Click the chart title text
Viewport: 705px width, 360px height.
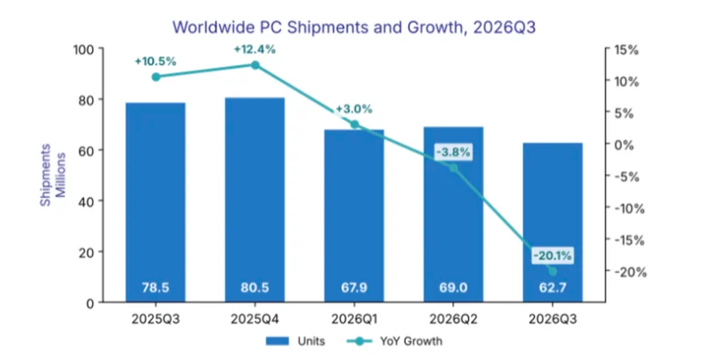tap(354, 27)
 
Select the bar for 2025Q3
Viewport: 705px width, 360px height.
tap(155, 202)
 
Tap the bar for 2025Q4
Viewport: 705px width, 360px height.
tap(255, 199)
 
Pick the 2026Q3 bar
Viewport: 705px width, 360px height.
tap(552, 222)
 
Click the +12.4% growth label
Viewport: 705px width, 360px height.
tap(255, 49)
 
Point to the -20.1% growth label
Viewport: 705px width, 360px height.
tap(552, 255)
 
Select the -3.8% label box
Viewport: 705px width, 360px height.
tap(453, 152)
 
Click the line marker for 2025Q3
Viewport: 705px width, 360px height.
tap(156, 77)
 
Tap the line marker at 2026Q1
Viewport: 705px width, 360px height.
tap(355, 124)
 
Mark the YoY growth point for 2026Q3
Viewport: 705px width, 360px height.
tap(552, 272)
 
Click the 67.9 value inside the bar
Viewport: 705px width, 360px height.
tap(355, 288)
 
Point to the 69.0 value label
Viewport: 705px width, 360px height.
tap(453, 288)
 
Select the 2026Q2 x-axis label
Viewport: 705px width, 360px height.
tap(453, 320)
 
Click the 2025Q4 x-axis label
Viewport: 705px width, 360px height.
tap(255, 320)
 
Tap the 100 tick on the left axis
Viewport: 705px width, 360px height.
tap(84, 49)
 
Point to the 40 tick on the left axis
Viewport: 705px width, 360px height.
tap(88, 201)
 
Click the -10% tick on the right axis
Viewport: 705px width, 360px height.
tap(629, 208)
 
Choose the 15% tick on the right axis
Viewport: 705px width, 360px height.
tap(625, 50)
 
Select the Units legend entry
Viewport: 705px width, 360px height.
tap(296, 341)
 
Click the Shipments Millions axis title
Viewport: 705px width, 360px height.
tap(53, 175)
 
